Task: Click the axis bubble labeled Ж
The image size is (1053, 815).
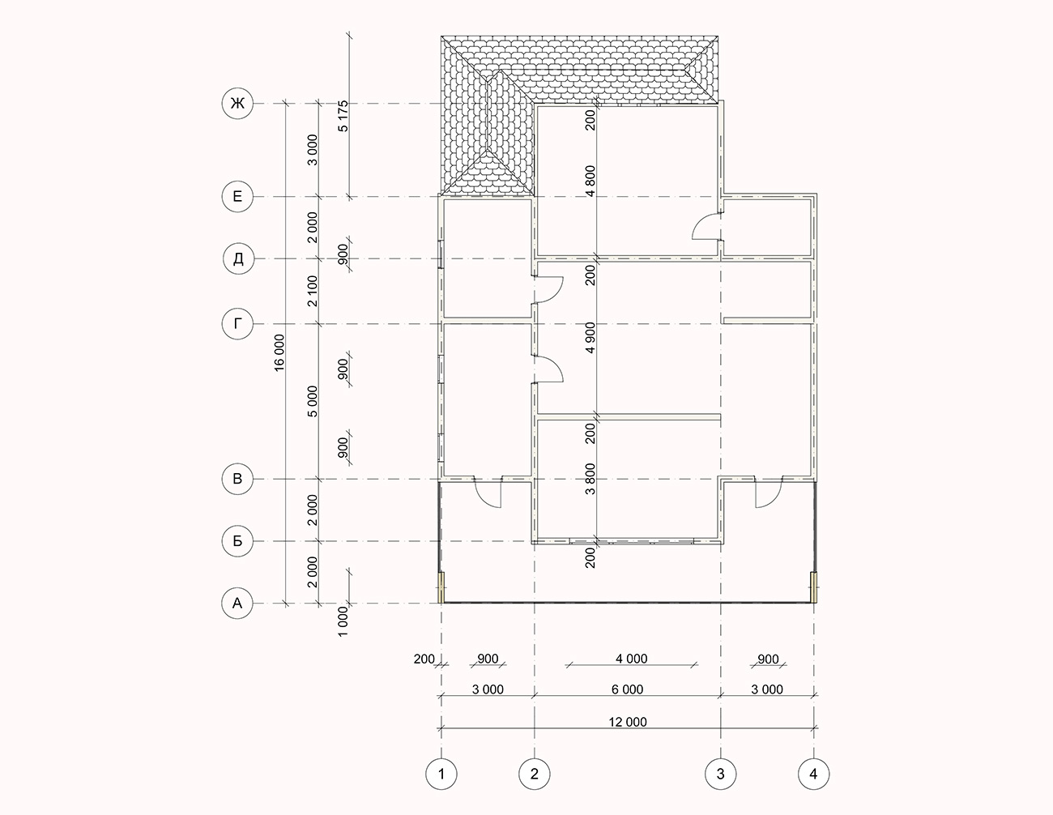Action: coord(237,103)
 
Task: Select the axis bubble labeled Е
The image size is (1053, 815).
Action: coord(237,196)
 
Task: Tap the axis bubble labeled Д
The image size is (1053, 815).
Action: coord(238,258)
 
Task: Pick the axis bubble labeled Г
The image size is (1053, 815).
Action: coord(237,323)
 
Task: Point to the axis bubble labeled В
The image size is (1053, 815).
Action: coord(237,479)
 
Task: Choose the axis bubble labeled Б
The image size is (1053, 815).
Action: coord(237,540)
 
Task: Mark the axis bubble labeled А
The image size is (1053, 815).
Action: coord(237,604)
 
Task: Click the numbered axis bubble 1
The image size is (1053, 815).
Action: coord(441,774)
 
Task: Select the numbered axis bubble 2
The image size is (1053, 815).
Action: coord(535,774)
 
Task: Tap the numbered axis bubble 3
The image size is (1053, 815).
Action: coord(721,774)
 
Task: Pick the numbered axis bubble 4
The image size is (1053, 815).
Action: coord(813,774)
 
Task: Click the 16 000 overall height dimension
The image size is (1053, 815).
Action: coord(280,352)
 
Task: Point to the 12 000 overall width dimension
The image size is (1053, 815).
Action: coord(628,722)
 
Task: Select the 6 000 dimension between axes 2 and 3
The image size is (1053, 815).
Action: coord(628,689)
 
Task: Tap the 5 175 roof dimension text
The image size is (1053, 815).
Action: coord(343,116)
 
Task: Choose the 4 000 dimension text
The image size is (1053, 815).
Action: coord(632,659)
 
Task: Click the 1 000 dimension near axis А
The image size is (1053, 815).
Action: coord(343,621)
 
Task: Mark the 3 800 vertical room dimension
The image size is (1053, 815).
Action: coord(590,480)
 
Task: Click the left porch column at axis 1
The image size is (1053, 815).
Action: coord(441,587)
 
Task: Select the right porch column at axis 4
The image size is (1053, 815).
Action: coord(814,587)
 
